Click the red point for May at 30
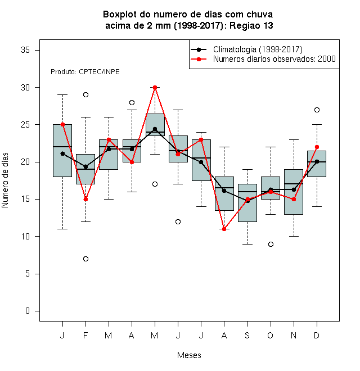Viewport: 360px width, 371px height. click(x=155, y=87)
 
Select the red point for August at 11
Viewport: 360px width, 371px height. click(x=224, y=229)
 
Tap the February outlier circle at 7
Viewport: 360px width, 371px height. click(x=85, y=259)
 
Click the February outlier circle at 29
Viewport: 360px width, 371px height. click(x=85, y=94)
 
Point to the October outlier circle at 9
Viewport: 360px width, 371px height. click(x=271, y=244)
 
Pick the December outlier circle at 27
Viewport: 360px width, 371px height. click(x=317, y=110)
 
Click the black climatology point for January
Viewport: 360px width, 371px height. click(x=62, y=153)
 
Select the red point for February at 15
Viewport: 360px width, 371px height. click(x=85, y=199)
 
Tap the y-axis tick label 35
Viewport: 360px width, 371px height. click(x=25, y=50)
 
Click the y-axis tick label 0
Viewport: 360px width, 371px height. click(x=28, y=311)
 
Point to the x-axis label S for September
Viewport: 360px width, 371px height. click(x=247, y=335)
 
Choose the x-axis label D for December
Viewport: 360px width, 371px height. click(x=317, y=335)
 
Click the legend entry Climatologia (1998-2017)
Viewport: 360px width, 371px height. click(x=258, y=49)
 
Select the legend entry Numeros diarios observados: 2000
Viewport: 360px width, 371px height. click(x=274, y=59)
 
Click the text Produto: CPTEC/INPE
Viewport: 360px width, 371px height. click(x=85, y=72)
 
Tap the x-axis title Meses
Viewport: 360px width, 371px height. click(x=189, y=355)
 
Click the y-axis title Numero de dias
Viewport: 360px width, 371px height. click(x=5, y=180)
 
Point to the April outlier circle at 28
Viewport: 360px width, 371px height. click(x=132, y=102)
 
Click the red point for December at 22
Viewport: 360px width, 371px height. click(x=317, y=147)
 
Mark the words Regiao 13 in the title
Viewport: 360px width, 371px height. click(x=251, y=25)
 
